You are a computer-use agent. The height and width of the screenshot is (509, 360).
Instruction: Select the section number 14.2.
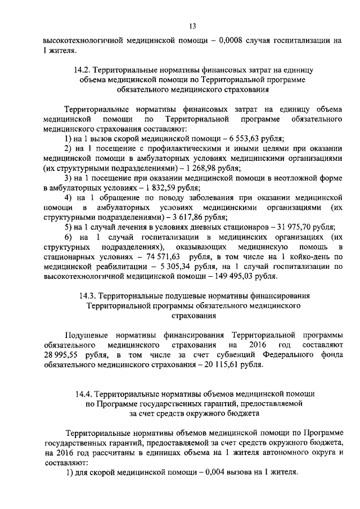(81, 71)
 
